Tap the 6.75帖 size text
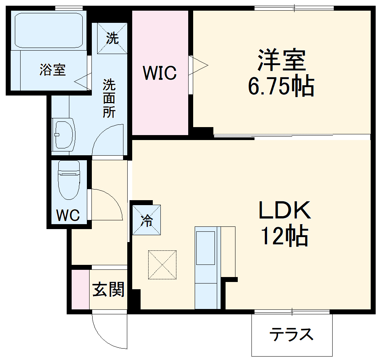click(281, 87)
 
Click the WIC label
click(160, 73)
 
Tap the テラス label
click(291, 335)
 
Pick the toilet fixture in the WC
click(69, 179)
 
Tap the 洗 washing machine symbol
click(112, 38)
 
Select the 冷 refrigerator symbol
click(146, 220)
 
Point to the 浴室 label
click(53, 70)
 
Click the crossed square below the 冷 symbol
click(162, 264)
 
